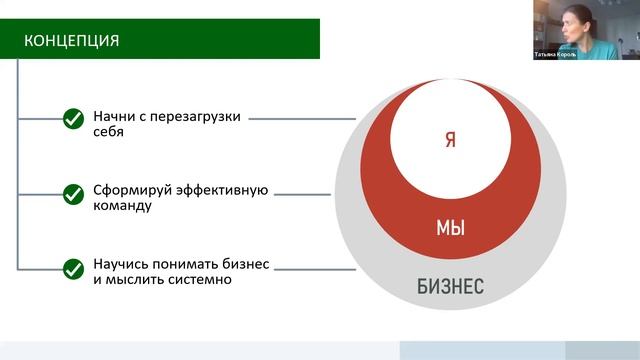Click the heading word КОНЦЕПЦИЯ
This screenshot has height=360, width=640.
(73, 41)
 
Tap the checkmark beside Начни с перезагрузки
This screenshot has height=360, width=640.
(73, 120)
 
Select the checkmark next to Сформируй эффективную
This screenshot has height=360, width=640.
(73, 194)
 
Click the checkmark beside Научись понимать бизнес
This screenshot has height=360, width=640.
(73, 269)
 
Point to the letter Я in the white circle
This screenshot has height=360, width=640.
(450, 139)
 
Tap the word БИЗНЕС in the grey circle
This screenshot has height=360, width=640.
(450, 288)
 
